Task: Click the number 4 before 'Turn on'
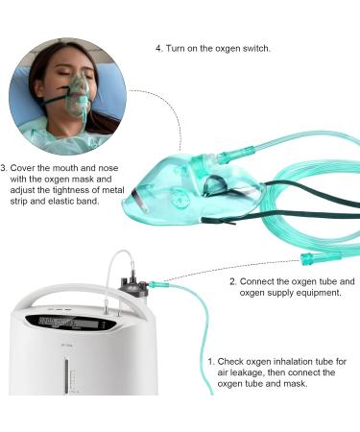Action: (x=159, y=47)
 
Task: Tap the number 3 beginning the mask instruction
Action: (x=5, y=164)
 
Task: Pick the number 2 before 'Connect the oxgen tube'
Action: (x=233, y=281)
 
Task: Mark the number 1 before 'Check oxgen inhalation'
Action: (x=210, y=360)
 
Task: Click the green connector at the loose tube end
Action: (x=313, y=258)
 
